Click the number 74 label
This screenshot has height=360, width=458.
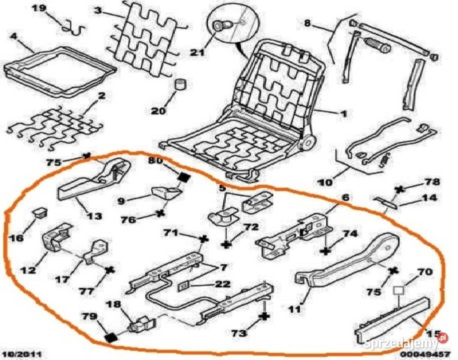[x=350, y=233]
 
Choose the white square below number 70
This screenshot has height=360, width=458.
[x=398, y=290]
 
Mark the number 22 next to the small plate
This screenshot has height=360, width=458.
[x=222, y=284]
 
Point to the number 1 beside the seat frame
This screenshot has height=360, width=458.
[x=344, y=113]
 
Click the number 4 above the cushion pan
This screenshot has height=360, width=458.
[x=13, y=36]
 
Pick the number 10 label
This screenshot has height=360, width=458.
[x=325, y=183]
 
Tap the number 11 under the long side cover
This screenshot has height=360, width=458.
[x=295, y=309]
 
